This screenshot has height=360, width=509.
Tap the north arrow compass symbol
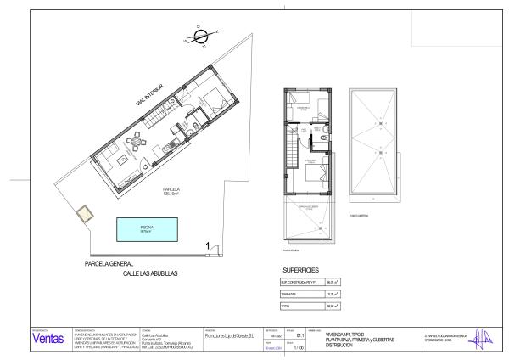(x=200, y=35)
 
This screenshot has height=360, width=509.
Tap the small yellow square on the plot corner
(x=81, y=217)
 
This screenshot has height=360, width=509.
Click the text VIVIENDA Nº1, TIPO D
(x=348, y=334)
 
